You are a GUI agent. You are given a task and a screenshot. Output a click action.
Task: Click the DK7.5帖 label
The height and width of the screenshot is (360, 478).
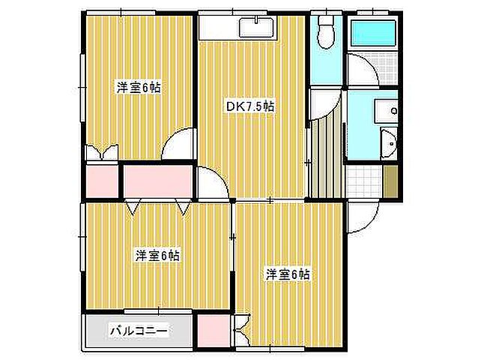pyautogui.click(x=250, y=106)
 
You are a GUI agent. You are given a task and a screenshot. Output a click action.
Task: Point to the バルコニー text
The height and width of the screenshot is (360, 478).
pyautogui.click(x=139, y=329)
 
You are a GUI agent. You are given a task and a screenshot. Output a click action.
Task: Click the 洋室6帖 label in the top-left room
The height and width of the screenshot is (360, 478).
pyautogui.click(x=138, y=87)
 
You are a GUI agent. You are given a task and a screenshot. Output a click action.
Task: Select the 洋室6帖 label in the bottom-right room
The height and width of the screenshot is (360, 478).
pyautogui.click(x=288, y=274)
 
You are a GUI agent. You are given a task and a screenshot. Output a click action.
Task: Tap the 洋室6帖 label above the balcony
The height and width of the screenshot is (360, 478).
pyautogui.click(x=157, y=255)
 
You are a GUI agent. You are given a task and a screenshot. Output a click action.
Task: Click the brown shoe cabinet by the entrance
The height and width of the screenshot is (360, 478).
pyautogui.click(x=392, y=181)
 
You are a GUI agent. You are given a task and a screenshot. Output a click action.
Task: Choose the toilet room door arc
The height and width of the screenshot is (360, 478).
pyautogui.click(x=324, y=100)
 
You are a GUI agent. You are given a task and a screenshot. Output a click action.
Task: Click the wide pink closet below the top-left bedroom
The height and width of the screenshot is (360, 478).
pyautogui.click(x=158, y=181)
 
